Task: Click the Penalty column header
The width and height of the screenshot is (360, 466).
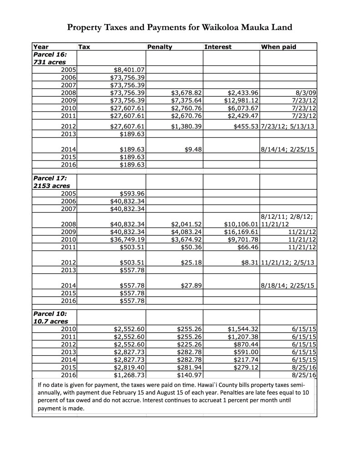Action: coord(159,46)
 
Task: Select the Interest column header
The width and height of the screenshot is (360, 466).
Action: coord(218,46)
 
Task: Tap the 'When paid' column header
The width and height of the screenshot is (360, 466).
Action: coord(279,46)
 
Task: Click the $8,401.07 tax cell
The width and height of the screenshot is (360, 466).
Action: coord(128,70)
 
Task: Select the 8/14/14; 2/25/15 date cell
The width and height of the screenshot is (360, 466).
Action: coord(288,149)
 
